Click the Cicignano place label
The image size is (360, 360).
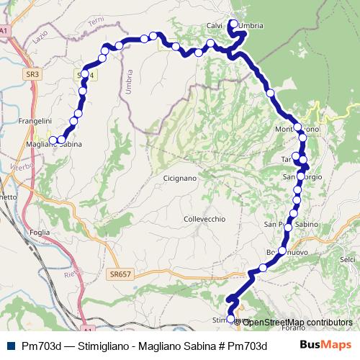pyautogui.click(x=170, y=178)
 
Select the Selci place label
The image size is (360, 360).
pyautogui.click(x=347, y=258)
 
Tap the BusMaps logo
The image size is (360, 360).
pyautogui.click(x=327, y=345)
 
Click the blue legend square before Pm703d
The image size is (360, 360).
pyautogui.click(x=10, y=346)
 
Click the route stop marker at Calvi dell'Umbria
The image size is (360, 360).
pyautogui.click(x=233, y=24)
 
